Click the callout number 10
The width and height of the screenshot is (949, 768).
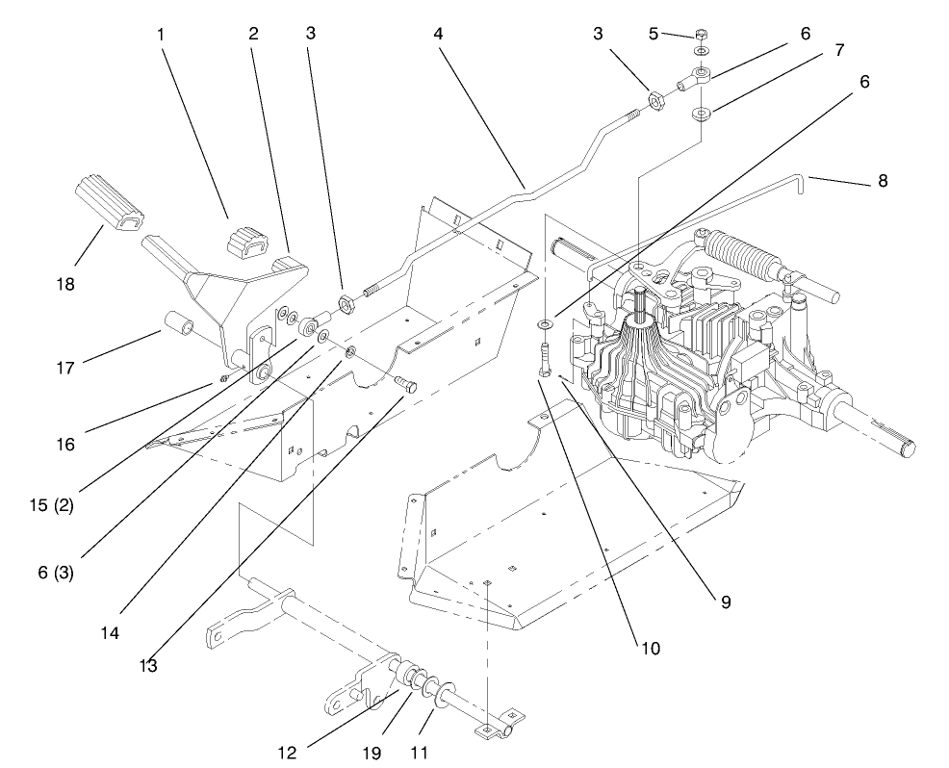[652, 649]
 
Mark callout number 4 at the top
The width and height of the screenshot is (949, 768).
[438, 33]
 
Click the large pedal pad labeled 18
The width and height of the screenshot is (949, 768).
[106, 197]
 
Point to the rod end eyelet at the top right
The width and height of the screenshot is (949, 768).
[700, 73]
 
